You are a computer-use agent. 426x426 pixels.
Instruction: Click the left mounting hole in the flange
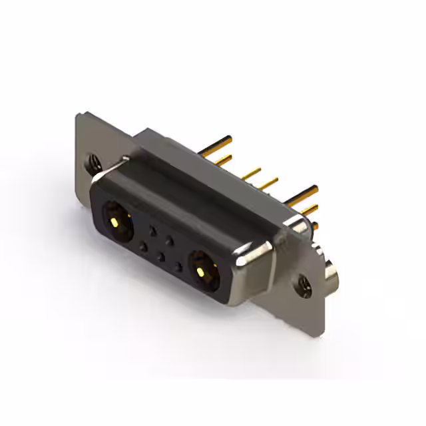pos(94,161)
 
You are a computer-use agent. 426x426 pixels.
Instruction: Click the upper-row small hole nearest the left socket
pos(153,231)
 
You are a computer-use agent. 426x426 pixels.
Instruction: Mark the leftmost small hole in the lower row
pos(142,247)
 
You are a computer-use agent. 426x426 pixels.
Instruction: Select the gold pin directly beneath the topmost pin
pos(222,159)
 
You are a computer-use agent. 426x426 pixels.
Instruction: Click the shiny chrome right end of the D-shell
pos(257,266)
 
